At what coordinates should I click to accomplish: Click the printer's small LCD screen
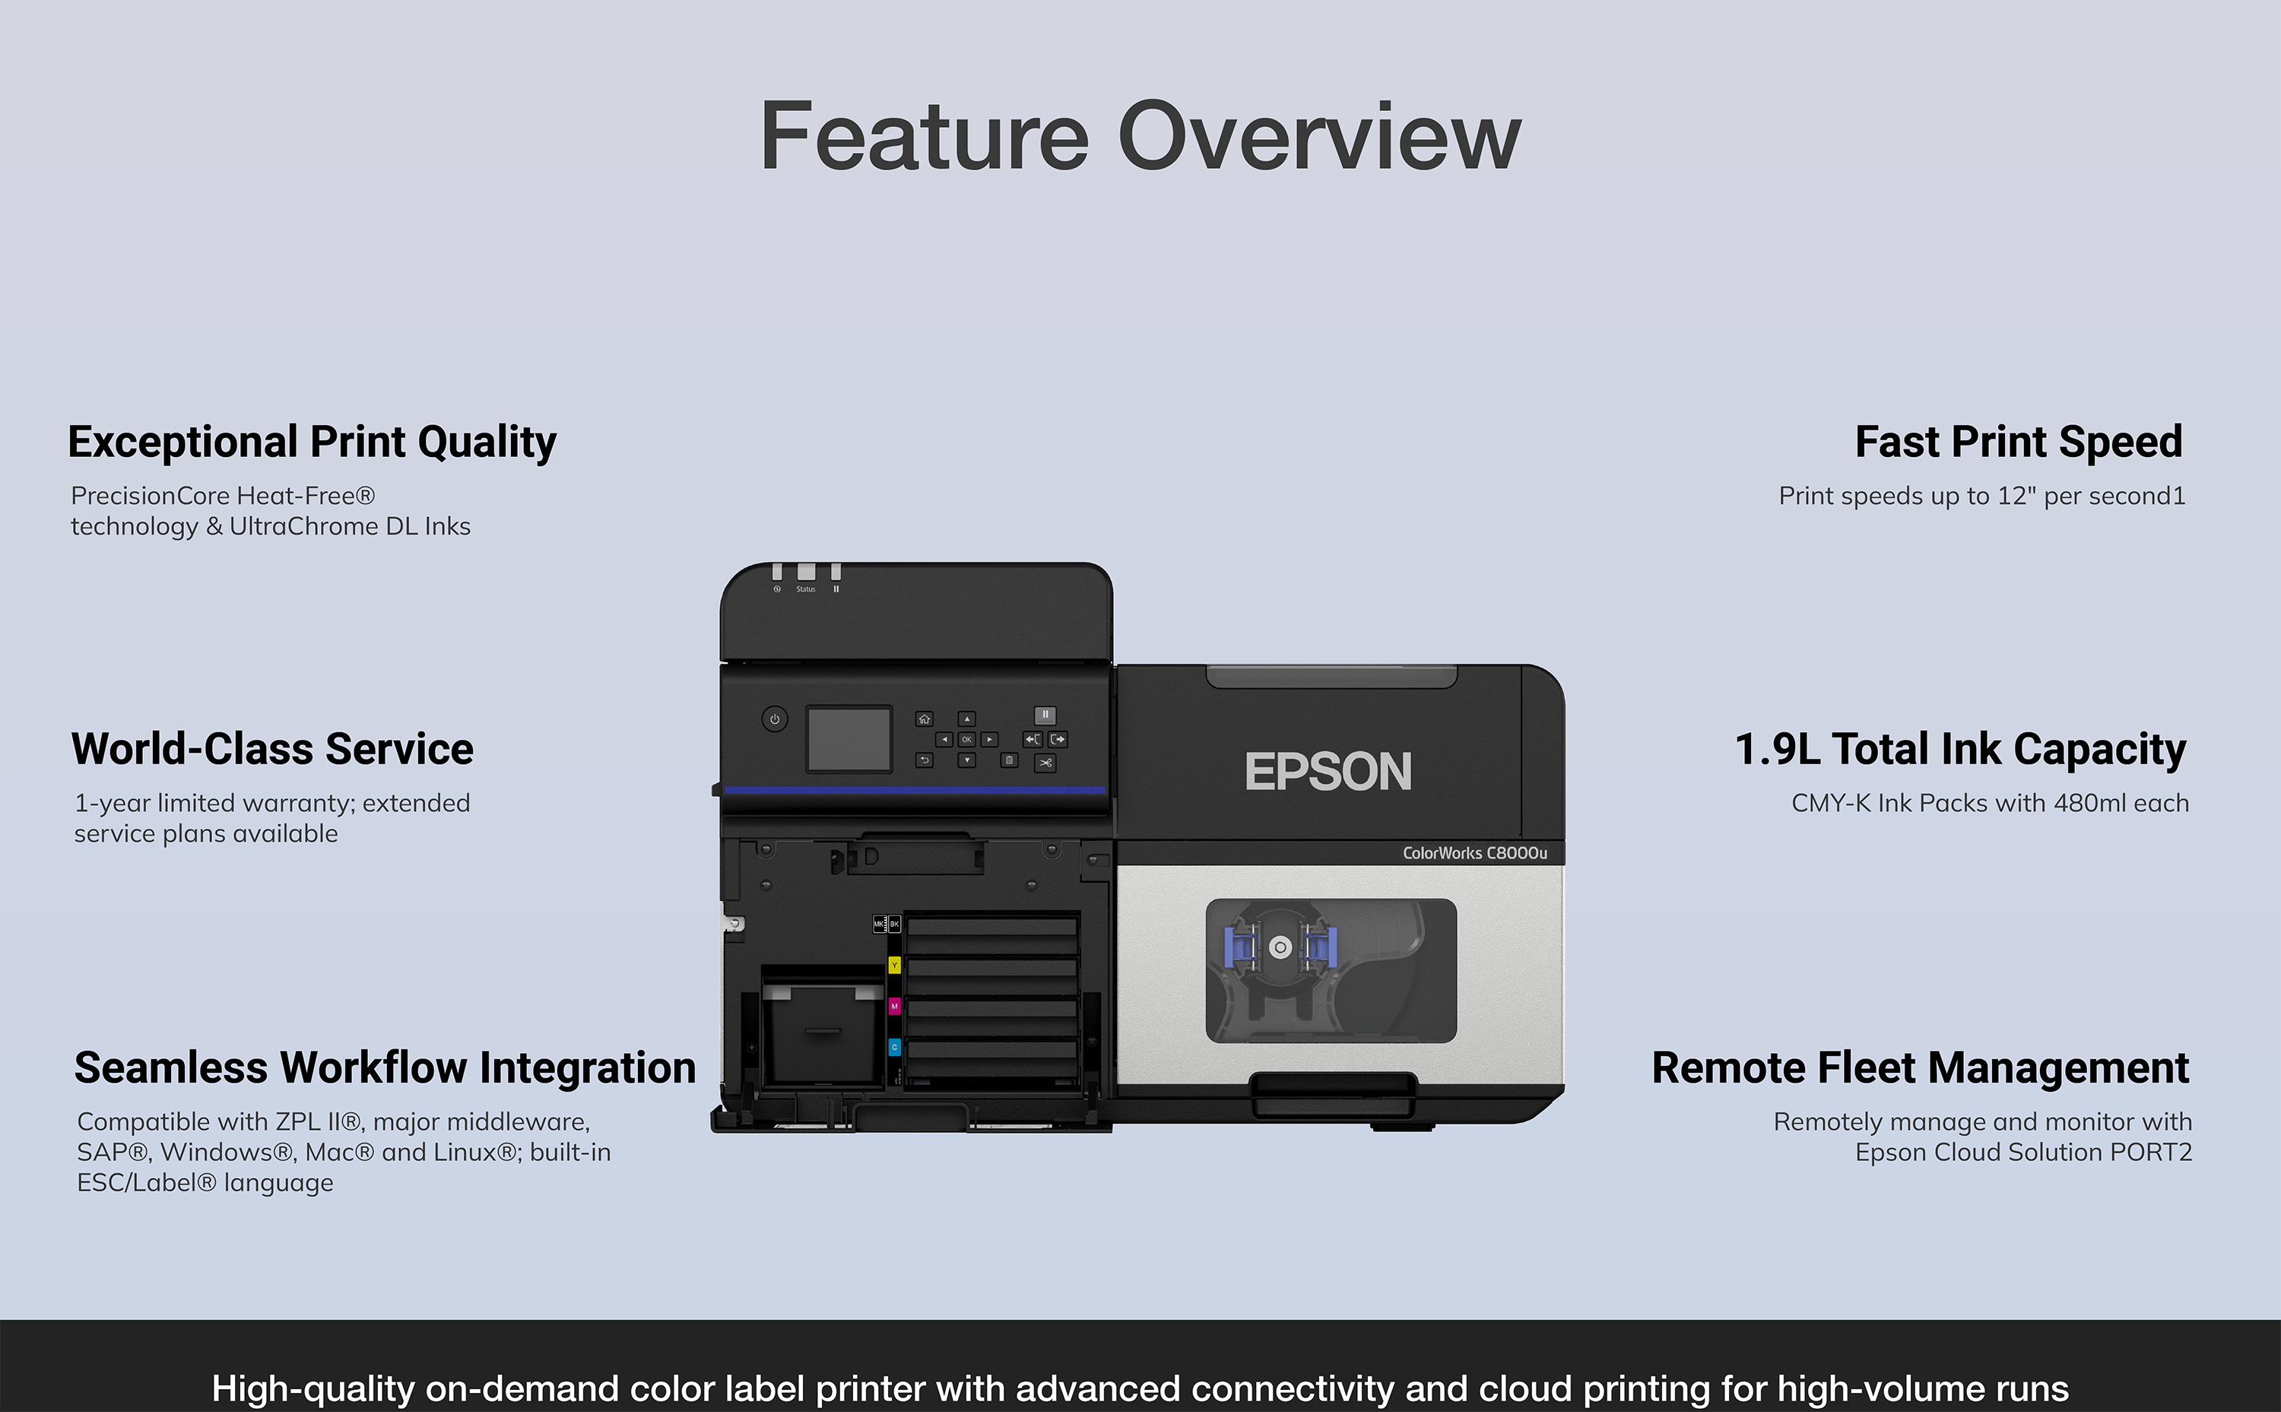coord(849,738)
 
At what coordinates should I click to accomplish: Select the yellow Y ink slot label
coord(894,965)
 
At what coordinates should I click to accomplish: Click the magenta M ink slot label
coord(894,1007)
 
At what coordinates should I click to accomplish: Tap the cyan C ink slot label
coord(894,1048)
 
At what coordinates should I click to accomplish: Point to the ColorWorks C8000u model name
coord(1474,852)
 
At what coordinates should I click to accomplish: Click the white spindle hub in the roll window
coord(1281,947)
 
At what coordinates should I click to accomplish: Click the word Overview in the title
coord(1319,138)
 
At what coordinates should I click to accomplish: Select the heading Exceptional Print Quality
coord(312,443)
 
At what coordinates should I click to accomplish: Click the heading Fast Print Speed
coord(2019,442)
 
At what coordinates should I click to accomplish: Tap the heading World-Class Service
coord(273,749)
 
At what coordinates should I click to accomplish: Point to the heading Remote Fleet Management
coord(1921,1068)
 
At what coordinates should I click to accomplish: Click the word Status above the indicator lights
coord(806,589)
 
